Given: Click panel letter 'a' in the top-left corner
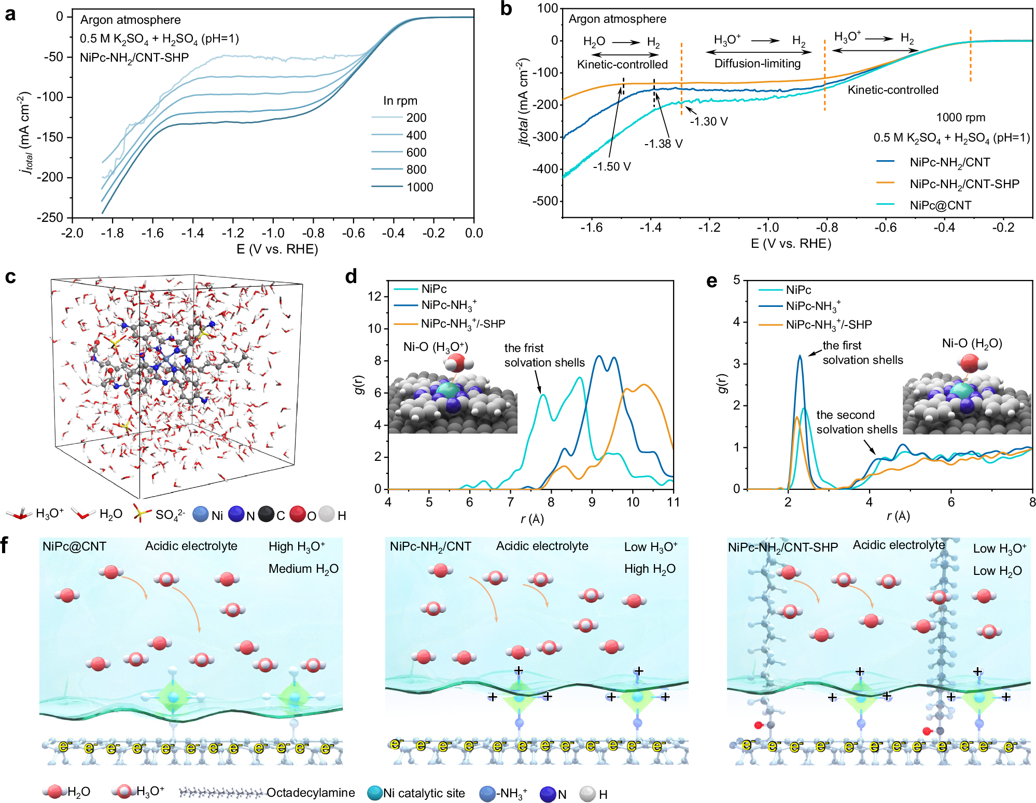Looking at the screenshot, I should [10, 14].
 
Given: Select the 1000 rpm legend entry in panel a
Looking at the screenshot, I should [419, 187].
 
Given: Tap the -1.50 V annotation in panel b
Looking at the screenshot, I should [612, 167].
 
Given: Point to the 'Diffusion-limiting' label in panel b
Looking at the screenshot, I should [757, 64].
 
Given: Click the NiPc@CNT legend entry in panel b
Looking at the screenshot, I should [940, 206].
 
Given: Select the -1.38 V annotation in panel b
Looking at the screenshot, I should [663, 144].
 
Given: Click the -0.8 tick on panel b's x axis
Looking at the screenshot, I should [826, 228].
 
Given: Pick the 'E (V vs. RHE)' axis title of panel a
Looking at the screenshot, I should [277, 249].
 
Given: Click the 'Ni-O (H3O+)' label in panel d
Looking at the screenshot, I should [436, 347].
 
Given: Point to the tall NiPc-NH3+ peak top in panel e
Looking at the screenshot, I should [800, 356].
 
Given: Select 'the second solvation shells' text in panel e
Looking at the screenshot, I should [857, 422].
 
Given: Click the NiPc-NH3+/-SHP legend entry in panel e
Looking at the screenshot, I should [829, 325].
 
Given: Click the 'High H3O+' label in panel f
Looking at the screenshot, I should [297, 546].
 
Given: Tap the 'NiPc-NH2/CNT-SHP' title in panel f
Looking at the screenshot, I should [782, 548].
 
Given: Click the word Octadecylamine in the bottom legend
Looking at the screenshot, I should [310, 793].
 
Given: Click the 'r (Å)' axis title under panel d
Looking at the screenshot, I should [532, 518].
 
